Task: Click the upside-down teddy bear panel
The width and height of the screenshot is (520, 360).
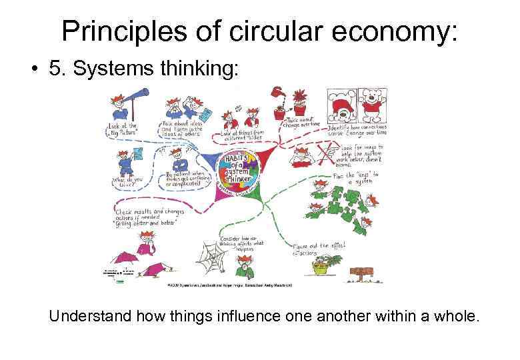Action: click(342, 105)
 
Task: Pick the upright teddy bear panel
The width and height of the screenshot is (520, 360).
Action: click(371, 105)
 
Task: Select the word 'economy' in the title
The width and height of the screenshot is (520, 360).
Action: click(388, 31)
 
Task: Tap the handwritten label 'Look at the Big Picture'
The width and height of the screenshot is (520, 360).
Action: click(123, 128)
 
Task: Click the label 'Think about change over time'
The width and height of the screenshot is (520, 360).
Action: click(301, 121)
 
